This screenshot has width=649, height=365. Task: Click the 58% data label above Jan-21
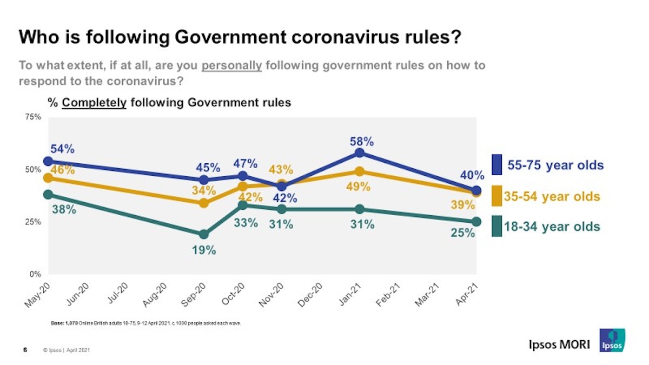(x=361, y=142)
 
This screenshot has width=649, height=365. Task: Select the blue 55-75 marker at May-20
(x=48, y=161)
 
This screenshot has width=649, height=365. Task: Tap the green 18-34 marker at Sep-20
(x=204, y=234)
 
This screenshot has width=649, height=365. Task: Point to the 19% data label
(x=204, y=250)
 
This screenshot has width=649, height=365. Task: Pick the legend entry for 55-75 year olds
(x=555, y=165)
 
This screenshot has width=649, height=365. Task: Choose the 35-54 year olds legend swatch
(x=496, y=196)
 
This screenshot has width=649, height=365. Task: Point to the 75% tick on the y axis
(x=34, y=117)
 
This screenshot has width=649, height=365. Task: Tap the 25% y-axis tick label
(x=34, y=222)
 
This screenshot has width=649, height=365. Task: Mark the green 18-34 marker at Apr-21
(x=476, y=222)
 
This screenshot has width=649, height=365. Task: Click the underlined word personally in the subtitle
(x=231, y=66)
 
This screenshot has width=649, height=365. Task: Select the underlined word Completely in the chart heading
(x=95, y=102)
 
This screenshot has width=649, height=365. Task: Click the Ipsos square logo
(x=612, y=340)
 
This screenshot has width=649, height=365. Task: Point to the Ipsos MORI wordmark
(x=559, y=344)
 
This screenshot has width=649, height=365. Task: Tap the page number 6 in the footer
(x=25, y=350)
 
